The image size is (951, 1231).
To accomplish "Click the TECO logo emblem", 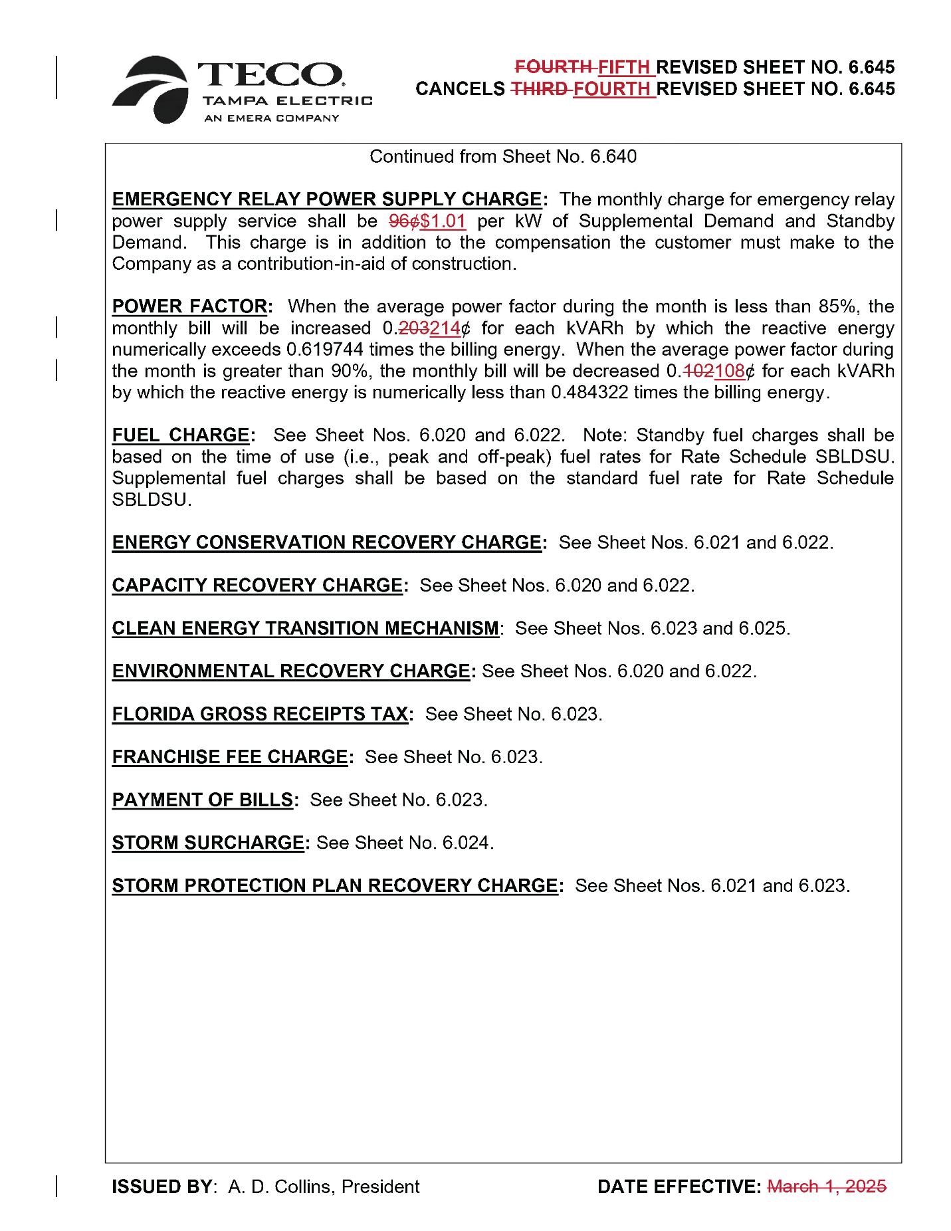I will [x=151, y=90].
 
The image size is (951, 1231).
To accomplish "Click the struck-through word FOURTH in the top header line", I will [x=554, y=67].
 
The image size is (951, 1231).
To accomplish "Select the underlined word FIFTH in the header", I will [x=623, y=67].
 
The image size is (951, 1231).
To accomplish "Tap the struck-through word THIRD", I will [x=539, y=89].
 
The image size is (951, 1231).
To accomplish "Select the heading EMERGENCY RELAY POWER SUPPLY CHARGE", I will [x=327, y=199].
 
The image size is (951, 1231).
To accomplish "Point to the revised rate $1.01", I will [x=443, y=221].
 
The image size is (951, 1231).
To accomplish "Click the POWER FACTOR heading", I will [x=189, y=306].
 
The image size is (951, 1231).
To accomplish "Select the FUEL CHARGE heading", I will [x=180, y=435].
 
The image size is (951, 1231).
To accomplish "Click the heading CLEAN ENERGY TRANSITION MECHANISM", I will [x=305, y=628].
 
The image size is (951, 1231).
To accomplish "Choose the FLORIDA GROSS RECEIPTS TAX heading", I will [x=260, y=714].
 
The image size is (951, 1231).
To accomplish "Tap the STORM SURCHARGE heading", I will [x=208, y=843].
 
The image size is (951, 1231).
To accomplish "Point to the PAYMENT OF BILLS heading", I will [x=203, y=800].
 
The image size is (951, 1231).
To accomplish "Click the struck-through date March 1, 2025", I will [x=827, y=1186].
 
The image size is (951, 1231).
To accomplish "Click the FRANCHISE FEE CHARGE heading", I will [x=230, y=757].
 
